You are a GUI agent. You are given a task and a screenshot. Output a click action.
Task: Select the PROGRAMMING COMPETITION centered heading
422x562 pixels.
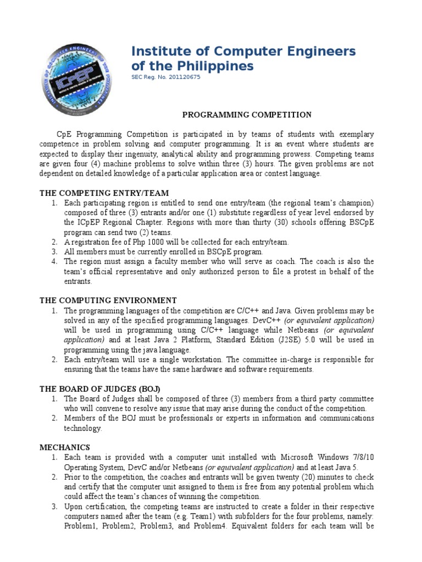point(247,115)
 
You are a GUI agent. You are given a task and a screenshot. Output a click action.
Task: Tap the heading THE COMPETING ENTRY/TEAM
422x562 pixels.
point(104,193)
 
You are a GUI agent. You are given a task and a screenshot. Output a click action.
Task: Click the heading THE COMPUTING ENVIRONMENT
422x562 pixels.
point(108,300)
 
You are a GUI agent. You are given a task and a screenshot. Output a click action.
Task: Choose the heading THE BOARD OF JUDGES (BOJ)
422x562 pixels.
point(99,389)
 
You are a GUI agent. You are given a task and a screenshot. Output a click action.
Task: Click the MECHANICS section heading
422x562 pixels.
point(64,447)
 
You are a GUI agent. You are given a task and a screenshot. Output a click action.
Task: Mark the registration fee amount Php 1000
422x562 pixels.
point(156,241)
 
